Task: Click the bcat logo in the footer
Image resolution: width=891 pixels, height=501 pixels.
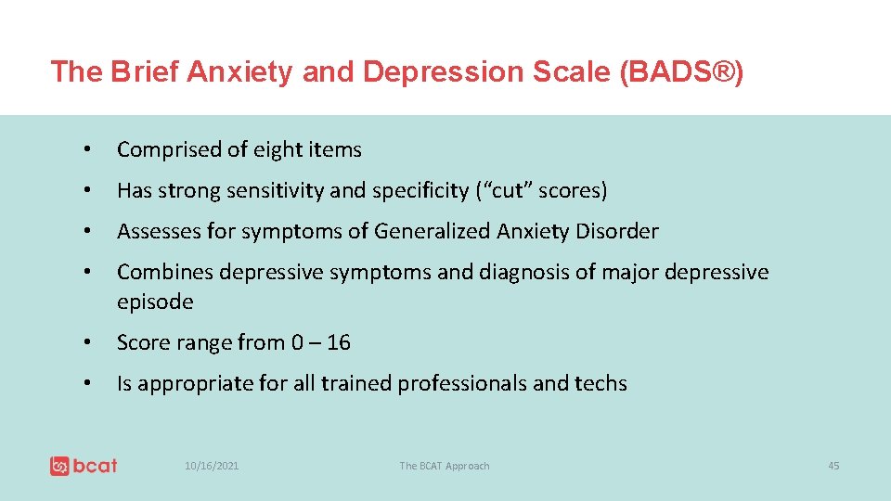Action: [x=84, y=465]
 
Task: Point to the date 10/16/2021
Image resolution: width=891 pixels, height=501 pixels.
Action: [x=212, y=466]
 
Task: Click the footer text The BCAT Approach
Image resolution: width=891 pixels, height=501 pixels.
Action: [x=444, y=466]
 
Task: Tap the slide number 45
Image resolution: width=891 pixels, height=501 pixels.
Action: [x=833, y=466]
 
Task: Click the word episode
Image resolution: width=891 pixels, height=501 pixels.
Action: [x=155, y=302]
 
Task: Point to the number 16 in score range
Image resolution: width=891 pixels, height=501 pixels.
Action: [x=339, y=342]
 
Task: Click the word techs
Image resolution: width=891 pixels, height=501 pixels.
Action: [x=600, y=383]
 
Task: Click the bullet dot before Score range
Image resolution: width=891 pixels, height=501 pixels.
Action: [x=84, y=342]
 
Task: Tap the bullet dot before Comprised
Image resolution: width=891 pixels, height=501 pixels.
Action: [x=84, y=149]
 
